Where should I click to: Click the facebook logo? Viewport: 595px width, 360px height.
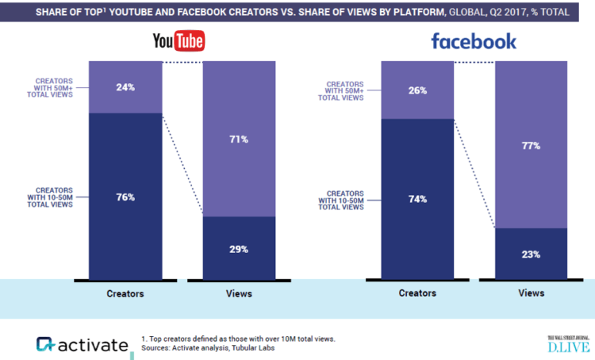pyautogui.click(x=474, y=40)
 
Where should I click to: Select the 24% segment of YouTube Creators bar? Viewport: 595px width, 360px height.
pyautogui.click(x=125, y=87)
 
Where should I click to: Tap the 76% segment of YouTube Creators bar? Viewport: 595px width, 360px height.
pyautogui.click(x=125, y=196)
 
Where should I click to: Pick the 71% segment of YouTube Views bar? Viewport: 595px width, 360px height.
pyautogui.click(x=240, y=139)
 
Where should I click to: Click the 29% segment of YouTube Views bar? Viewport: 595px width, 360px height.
pyautogui.click(x=240, y=248)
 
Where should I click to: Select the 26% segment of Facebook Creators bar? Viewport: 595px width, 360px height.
pyautogui.click(x=418, y=90)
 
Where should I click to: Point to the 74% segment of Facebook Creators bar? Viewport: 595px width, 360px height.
pyautogui.click(x=418, y=198)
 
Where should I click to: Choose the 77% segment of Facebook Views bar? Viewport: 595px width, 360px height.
pyautogui.click(x=532, y=144)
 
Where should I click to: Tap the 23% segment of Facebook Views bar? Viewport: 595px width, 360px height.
pyautogui.click(x=532, y=254)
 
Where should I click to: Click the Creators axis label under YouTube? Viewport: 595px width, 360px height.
pyautogui.click(x=125, y=293)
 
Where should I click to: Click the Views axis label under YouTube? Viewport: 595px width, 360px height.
pyautogui.click(x=239, y=293)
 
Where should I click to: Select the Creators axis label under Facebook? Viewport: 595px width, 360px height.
pyautogui.click(x=417, y=293)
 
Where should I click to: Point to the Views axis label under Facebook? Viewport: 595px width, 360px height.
pyautogui.click(x=532, y=293)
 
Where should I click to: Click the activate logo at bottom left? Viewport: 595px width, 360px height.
pyautogui.click(x=82, y=344)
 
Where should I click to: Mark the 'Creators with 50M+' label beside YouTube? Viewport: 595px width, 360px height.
pyautogui.click(x=54, y=87)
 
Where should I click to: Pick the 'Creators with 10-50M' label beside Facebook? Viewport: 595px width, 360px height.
pyautogui.click(x=347, y=198)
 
